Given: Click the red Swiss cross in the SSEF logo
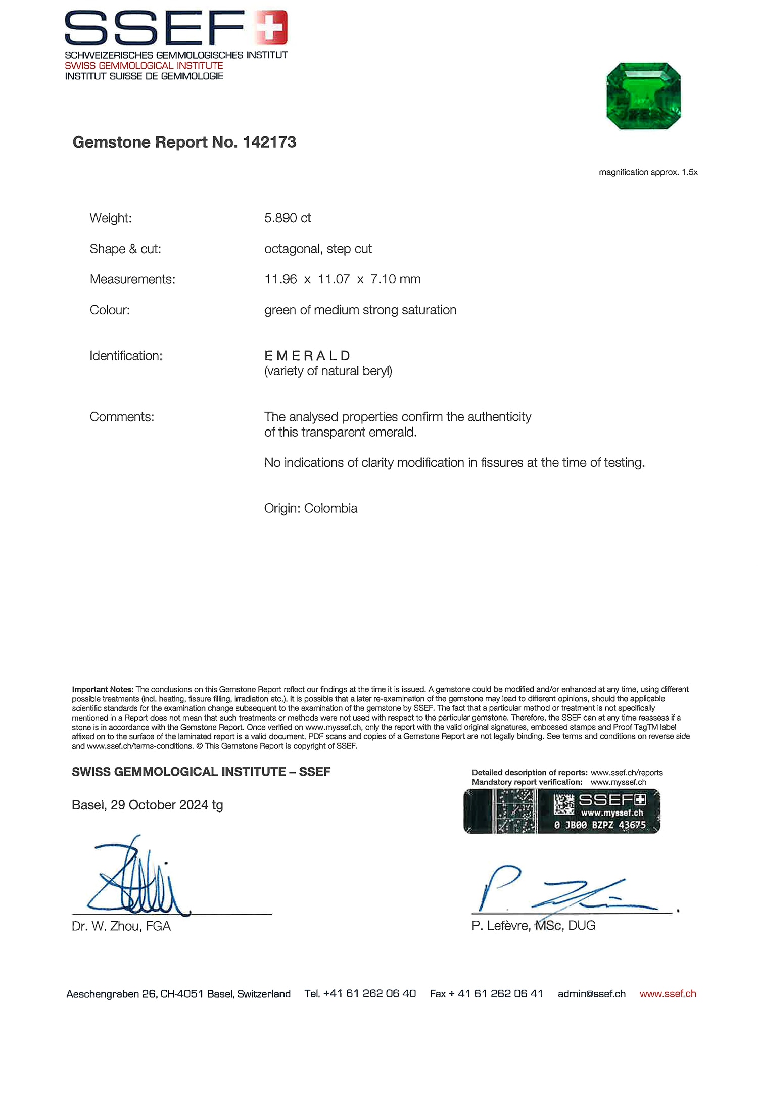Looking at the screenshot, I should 271,27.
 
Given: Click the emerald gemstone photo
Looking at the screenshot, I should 643,96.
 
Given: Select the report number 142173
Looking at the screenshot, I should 269,142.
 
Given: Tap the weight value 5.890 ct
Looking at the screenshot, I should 288,218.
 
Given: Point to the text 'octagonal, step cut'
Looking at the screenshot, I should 318,249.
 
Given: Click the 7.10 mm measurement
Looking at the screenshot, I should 395,279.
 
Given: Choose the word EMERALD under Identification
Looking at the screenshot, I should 307,356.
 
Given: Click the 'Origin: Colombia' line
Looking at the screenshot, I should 310,508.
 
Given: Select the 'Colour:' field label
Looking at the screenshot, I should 110,310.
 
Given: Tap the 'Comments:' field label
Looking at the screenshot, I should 122,417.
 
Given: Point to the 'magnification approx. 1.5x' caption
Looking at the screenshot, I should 648,172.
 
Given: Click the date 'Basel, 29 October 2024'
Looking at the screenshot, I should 140,805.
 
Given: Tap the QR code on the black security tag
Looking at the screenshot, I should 563,804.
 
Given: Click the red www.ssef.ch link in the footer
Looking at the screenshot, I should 668,994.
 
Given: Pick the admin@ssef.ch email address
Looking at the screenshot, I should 591,994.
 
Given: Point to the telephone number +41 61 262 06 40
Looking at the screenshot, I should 369,994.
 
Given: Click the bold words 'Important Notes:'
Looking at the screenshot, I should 103,689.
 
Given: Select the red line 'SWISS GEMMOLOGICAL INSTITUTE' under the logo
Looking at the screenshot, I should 144,66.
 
